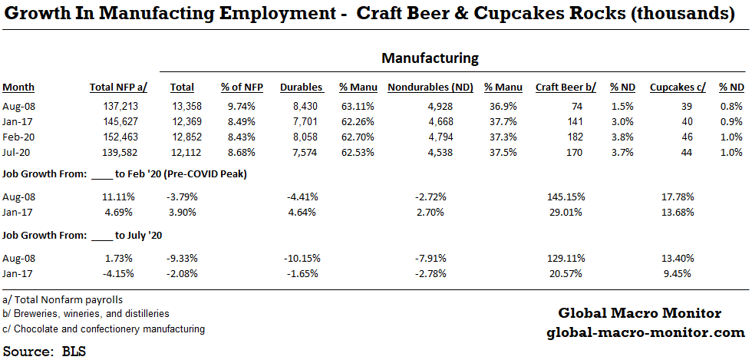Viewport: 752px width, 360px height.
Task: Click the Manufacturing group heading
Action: coord(430,58)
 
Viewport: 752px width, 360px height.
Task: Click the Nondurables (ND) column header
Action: coord(430,88)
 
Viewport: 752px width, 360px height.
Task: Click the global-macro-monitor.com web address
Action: coord(645,332)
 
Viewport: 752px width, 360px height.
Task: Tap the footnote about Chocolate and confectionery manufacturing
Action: coord(104,329)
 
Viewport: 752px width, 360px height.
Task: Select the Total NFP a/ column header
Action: coord(118,88)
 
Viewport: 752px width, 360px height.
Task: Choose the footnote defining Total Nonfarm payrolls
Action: coord(63,299)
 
